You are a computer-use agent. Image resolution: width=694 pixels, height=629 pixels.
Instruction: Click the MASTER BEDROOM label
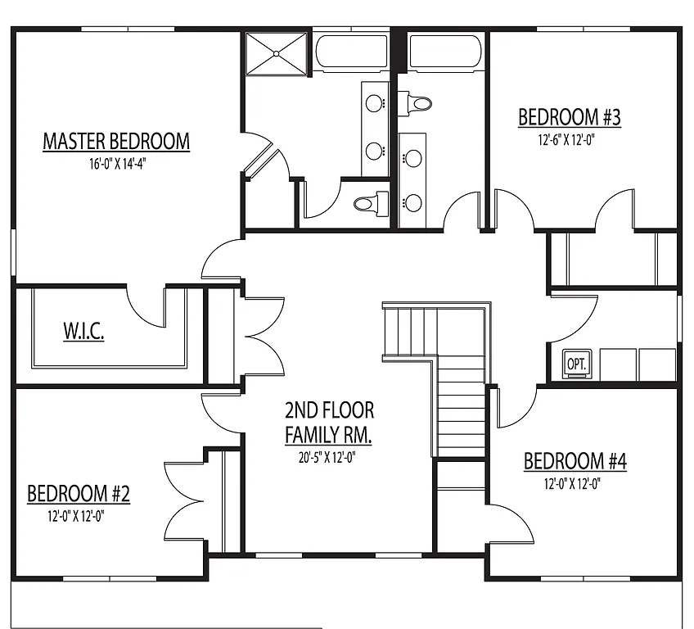(115, 142)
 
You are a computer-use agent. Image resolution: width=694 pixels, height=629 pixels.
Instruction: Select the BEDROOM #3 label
(569, 118)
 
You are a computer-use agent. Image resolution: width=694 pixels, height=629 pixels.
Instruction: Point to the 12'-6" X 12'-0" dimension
(566, 139)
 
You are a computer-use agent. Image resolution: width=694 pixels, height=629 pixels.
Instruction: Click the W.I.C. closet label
(83, 333)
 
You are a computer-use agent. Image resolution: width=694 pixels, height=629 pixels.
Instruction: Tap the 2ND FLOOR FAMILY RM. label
(329, 422)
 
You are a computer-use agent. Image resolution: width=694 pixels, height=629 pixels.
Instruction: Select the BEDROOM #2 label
(79, 494)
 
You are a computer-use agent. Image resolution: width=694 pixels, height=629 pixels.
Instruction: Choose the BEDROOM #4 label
(575, 462)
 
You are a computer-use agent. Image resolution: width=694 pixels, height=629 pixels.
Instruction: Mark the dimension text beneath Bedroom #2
(78, 516)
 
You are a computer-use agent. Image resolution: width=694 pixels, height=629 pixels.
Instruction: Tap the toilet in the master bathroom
(372, 201)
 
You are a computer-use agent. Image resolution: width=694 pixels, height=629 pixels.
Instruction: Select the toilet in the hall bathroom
(417, 103)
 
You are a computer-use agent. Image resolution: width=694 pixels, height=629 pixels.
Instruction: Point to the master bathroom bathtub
(351, 52)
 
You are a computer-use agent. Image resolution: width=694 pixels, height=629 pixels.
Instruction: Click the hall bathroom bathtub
(442, 52)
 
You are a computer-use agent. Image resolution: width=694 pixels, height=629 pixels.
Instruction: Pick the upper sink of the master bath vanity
(374, 103)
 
